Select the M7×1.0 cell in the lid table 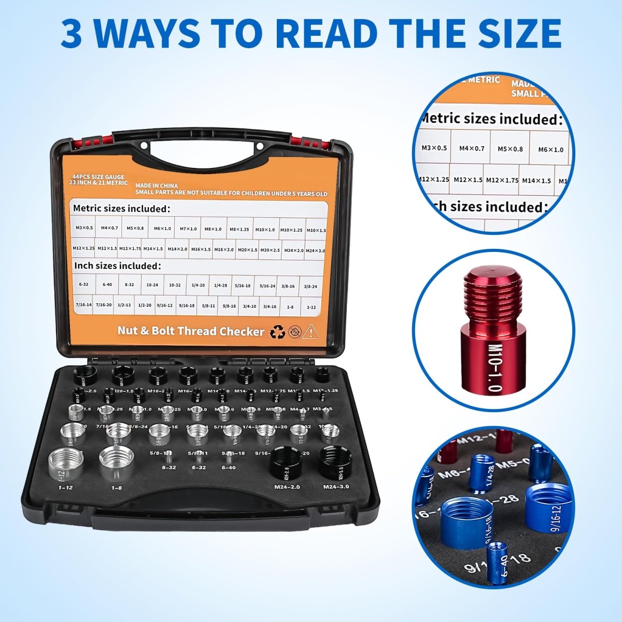[188, 228]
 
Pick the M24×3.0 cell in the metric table [315, 250]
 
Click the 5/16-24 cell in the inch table [267, 286]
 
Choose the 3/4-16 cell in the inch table [270, 306]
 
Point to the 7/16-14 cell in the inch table [83, 305]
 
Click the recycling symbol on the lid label [278, 332]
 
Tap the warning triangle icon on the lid [311, 331]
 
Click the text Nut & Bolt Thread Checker [191, 331]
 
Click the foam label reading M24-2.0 [287, 487]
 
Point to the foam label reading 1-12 [65, 488]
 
